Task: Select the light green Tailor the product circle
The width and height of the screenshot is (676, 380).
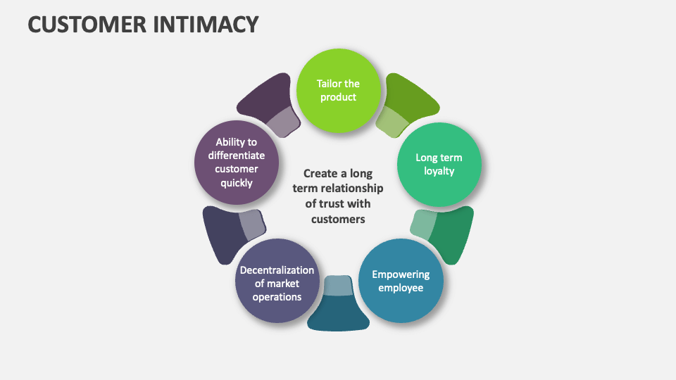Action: (338, 91)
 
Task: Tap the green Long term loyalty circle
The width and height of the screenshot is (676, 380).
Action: (439, 164)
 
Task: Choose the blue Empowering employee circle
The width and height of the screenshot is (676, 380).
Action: (401, 281)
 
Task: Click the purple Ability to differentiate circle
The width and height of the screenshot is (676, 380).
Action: (237, 163)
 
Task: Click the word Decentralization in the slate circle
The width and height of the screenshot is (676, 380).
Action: (277, 270)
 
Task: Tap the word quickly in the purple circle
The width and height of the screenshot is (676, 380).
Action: (237, 183)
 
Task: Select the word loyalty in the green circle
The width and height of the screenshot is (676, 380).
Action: (439, 171)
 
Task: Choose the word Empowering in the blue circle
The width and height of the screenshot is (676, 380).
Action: (401, 274)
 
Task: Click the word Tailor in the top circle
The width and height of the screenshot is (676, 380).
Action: (329, 84)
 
